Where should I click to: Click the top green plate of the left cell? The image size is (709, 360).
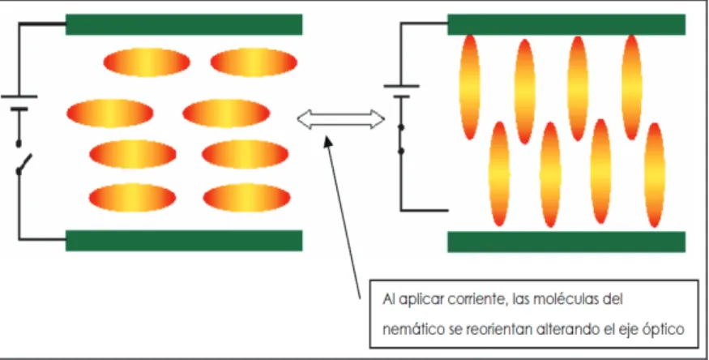[x=184, y=24]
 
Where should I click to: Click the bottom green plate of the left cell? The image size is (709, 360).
[x=184, y=241]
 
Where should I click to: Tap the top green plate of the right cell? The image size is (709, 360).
[x=566, y=24]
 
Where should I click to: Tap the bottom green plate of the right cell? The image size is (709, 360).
[x=566, y=242]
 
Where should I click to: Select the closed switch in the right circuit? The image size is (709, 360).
[x=400, y=139]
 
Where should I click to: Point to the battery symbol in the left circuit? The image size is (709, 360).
[x=19, y=103]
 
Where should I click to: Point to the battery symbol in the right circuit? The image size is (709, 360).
[x=401, y=91]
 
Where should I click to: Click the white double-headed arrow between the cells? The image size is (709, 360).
[x=341, y=119]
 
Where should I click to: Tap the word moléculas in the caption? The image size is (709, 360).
[x=560, y=299]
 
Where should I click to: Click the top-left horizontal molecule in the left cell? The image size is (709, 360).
[x=147, y=62]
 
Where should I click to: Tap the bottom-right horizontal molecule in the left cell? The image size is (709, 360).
[x=246, y=197]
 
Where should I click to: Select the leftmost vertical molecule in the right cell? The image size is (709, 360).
[x=470, y=87]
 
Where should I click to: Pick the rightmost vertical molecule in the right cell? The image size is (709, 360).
[x=655, y=174]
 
